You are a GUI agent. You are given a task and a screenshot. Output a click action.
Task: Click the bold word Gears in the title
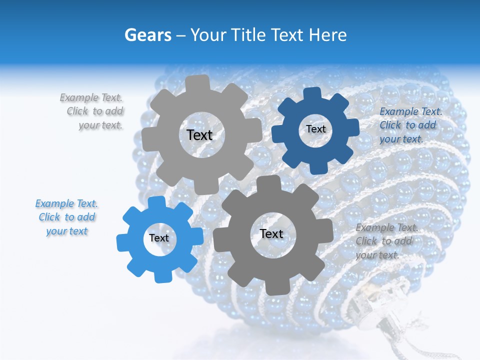pyautogui.click(x=148, y=35)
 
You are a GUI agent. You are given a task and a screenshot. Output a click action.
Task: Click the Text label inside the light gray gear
pyautogui.click(x=199, y=135)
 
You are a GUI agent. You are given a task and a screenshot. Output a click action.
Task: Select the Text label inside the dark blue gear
pyautogui.click(x=315, y=129)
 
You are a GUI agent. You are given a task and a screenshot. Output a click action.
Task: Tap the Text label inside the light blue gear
pyautogui.click(x=159, y=238)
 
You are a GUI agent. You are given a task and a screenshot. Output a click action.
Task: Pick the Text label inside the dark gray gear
pyautogui.click(x=271, y=233)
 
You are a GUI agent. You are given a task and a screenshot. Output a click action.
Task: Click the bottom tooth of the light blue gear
pyautogui.click(x=161, y=276)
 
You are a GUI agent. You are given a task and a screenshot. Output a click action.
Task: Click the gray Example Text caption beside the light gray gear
pyautogui.click(x=94, y=111)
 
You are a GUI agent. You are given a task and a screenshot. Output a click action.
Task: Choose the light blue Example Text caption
pyautogui.click(x=66, y=217)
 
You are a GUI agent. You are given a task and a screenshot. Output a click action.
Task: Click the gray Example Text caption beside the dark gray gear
pyautogui.click(x=385, y=241)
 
